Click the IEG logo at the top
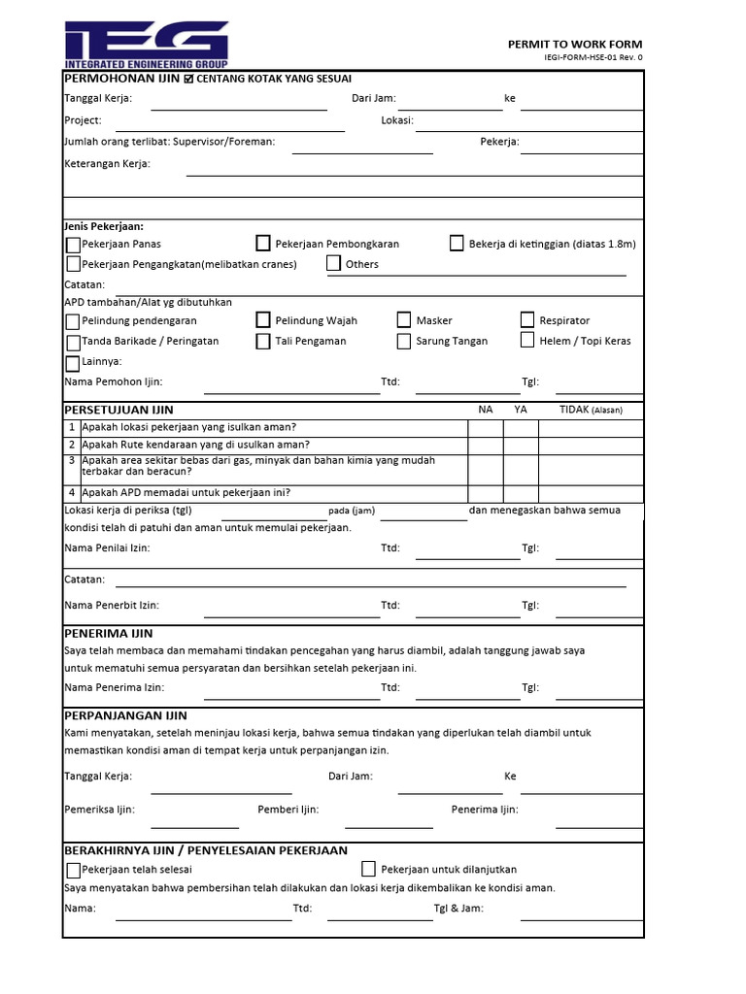pyautogui.click(x=147, y=44)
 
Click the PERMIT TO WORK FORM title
pyautogui.click(x=575, y=45)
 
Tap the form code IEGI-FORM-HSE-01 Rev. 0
pyautogui.click(x=593, y=58)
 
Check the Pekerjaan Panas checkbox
pyautogui.click(x=74, y=245)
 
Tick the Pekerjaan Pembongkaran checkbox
pyautogui.click(x=263, y=244)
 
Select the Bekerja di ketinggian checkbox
pyautogui.click(x=457, y=244)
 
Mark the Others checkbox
pyautogui.click(x=333, y=263)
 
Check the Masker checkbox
pyautogui.click(x=404, y=320)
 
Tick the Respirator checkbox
pyautogui.click(x=527, y=320)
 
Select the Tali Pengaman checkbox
pyautogui.click(x=263, y=341)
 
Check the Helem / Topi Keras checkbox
pyautogui.click(x=527, y=341)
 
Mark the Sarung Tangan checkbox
pyautogui.click(x=404, y=341)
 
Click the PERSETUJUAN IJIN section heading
pyautogui.click(x=119, y=411)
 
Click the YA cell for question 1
pyautogui.click(x=521, y=427)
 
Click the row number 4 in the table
pyautogui.click(x=72, y=492)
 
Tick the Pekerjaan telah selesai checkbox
pyautogui.click(x=74, y=870)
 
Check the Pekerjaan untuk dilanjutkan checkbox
pyautogui.click(x=368, y=869)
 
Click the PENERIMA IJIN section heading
pyautogui.click(x=108, y=633)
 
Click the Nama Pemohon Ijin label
pyautogui.click(x=113, y=381)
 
